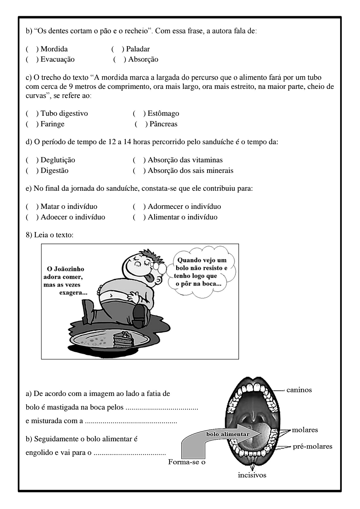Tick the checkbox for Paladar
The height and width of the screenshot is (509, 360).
[117, 49]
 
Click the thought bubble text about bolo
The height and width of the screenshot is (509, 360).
[201, 272]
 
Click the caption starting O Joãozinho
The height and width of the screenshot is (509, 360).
[65, 281]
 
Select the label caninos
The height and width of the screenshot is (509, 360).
[299, 390]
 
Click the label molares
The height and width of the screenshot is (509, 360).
[305, 430]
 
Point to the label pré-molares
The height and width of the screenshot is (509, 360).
[312, 446]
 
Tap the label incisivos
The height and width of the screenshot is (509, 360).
[252, 475]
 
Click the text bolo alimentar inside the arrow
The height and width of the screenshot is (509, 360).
[228, 434]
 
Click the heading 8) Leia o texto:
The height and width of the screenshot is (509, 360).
[50, 235]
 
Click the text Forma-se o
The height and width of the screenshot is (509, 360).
[187, 462]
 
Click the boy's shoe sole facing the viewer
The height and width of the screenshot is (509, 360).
[139, 316]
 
